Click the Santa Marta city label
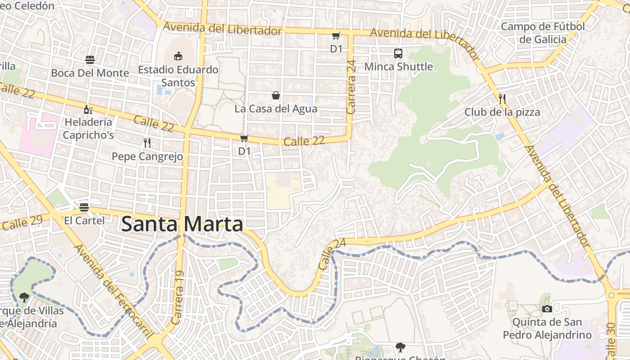[182, 224]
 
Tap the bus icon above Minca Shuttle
[398, 54]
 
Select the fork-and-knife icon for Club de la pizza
[502, 99]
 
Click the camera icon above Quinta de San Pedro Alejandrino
[547, 309]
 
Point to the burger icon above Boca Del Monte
[90, 59]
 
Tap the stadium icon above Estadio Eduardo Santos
[178, 56]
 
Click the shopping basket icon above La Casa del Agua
[276, 95]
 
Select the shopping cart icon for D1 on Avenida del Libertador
[336, 36]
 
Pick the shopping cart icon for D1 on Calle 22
[244, 138]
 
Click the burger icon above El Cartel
[84, 207]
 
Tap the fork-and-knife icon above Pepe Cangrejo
[147, 143]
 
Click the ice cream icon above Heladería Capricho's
[89, 109]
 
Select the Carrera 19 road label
[178, 298]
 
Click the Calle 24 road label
[332, 254]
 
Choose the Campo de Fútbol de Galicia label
[543, 33]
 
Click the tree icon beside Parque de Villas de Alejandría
[24, 297]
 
